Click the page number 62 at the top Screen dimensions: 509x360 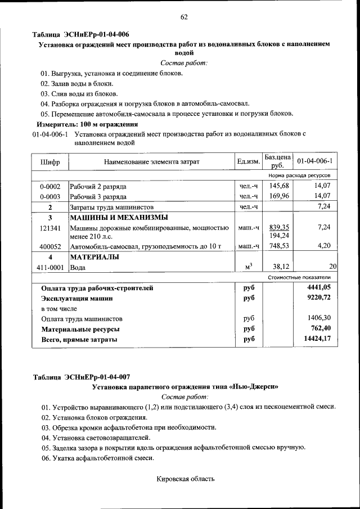(x=183, y=17)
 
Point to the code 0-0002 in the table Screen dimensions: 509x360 (x=50, y=186)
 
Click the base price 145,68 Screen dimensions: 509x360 (x=279, y=186)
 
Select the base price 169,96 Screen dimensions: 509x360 (x=279, y=196)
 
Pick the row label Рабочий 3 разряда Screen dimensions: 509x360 (x=98, y=197)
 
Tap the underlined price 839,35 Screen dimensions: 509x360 (x=279, y=227)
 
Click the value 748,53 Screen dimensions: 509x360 (x=279, y=246)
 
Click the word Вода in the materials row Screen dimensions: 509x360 (x=78, y=268)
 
